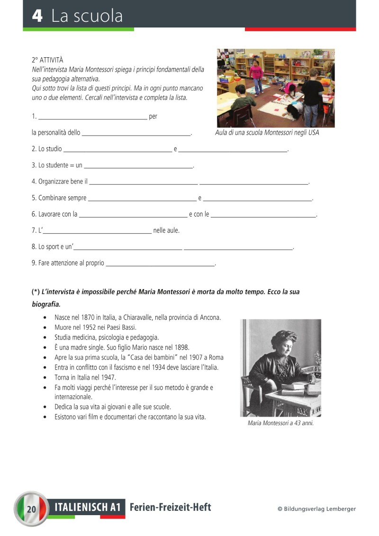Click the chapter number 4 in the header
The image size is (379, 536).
click(x=37, y=16)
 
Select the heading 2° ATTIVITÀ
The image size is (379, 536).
click(x=47, y=60)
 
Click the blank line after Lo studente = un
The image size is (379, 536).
click(x=138, y=166)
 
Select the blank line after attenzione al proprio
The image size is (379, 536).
click(x=160, y=263)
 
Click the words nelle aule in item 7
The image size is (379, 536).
click(x=166, y=231)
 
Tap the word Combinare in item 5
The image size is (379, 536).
click(x=52, y=198)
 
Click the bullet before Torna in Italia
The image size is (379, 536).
click(x=45, y=378)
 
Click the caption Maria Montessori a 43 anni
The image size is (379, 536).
click(x=280, y=423)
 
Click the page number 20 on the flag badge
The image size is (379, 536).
click(x=32, y=509)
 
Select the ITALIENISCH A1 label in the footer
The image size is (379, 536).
click(x=90, y=508)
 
